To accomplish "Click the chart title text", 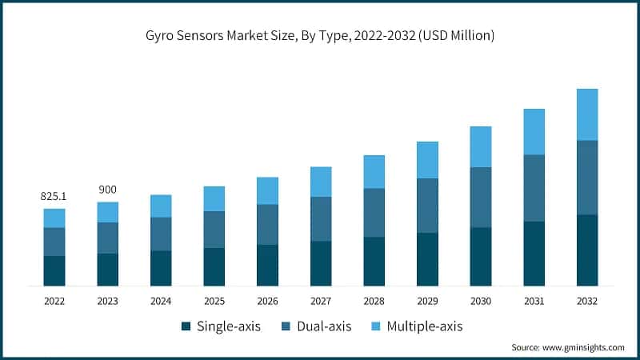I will pos(320,34).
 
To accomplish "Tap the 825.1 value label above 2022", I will pos(54,196).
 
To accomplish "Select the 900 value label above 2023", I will pos(107,189).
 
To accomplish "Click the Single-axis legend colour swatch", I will pos(186,326).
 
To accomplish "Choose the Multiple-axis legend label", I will pos(424,326).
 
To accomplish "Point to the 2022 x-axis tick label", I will pos(54,301).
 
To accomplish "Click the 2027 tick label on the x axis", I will pos(321,301).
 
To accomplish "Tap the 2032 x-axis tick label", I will pos(586,301).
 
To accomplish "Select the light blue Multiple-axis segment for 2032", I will pos(587,114).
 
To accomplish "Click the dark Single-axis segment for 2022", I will pos(54,270).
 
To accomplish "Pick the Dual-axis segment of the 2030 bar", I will pos(481,197).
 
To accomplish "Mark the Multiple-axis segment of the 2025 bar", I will pos(214,198).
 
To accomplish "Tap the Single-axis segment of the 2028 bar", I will pos(374,261).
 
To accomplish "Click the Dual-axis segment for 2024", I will pos(161,234).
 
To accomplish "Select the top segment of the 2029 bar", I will pos(427,160).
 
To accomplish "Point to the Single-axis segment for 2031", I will pos(534,254).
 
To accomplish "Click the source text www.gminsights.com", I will pos(568,348).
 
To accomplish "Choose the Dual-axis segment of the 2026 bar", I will pos(267,224).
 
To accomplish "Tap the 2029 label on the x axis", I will pos(427,301).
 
